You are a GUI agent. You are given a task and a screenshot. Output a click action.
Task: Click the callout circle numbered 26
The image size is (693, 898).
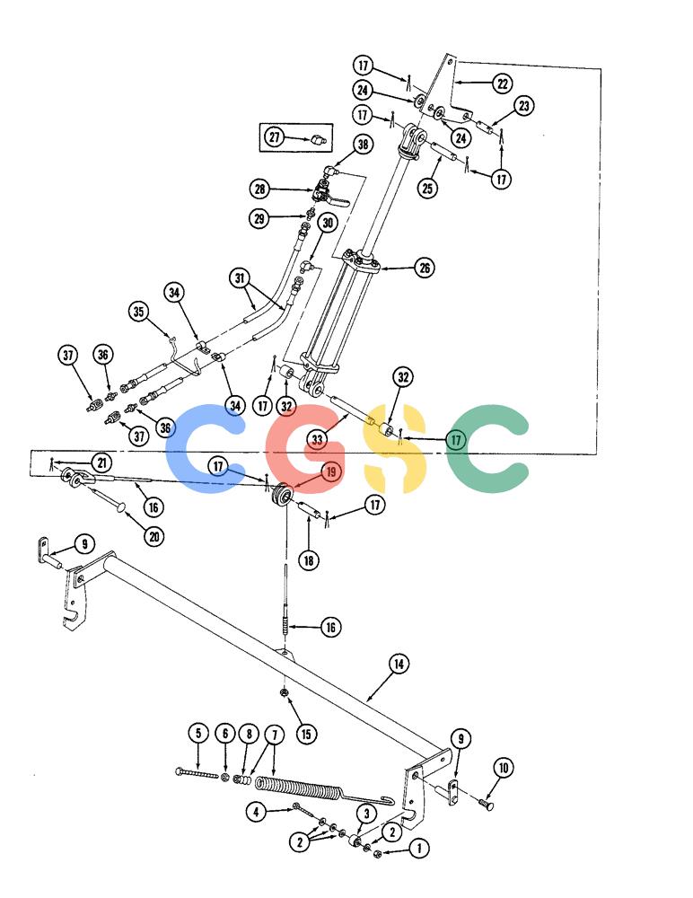point(425,268)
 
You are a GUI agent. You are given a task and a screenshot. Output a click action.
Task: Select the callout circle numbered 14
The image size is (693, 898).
point(399,664)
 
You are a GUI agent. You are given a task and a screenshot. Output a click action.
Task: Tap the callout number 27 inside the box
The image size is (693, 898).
point(275,136)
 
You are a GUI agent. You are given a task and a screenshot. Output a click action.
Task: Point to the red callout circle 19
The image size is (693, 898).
point(331,472)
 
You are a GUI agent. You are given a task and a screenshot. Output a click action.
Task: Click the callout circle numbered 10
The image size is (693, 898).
point(504,768)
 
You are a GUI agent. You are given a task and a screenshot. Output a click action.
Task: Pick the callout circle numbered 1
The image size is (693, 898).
point(419,848)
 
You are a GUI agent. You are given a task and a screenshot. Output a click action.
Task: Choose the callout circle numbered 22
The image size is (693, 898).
point(503,84)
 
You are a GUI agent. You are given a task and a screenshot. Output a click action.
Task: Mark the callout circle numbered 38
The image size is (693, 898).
point(364,144)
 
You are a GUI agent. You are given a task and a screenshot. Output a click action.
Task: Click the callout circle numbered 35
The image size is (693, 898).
point(139,312)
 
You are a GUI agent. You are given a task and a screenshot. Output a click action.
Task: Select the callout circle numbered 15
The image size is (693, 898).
point(306,734)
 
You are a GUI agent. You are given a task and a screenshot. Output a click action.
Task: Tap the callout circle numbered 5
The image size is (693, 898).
point(198,733)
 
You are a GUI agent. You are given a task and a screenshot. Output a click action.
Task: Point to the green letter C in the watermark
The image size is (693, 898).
point(488,449)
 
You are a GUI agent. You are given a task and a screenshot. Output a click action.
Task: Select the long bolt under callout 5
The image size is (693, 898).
point(197,774)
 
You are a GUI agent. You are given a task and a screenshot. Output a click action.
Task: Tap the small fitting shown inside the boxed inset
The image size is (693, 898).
point(318,139)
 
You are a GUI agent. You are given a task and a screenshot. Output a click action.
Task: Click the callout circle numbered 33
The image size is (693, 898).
point(317,440)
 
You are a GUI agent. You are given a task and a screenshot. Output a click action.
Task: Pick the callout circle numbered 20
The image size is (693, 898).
point(154,537)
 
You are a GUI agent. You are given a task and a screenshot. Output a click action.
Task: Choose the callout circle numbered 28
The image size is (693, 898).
point(259,189)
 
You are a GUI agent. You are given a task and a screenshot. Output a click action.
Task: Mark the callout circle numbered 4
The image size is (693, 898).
point(256,811)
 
